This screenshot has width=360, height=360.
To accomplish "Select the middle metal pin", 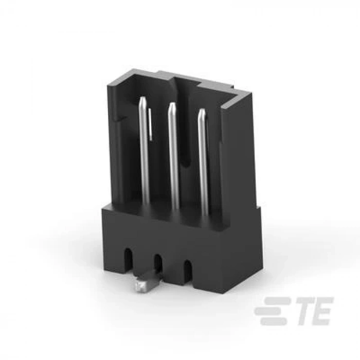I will coord(174,154).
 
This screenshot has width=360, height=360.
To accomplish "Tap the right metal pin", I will coord(203,159).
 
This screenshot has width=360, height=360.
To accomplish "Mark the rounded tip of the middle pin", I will coord(172,105).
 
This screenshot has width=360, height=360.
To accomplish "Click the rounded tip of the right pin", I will coord(202,111).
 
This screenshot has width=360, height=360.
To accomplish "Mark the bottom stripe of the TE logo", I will coord(272,321).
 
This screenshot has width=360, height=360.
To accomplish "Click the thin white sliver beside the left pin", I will coord(150,123).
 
